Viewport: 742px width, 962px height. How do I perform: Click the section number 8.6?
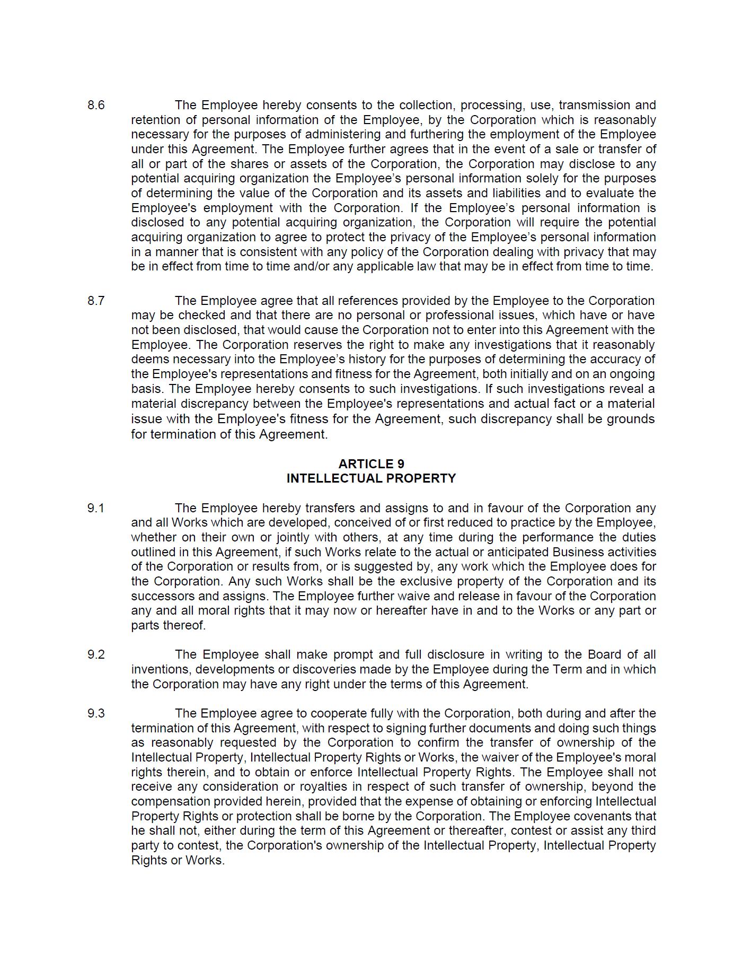(96, 105)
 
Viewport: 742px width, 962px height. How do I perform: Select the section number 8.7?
(96, 301)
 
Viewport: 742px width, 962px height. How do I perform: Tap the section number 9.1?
(96, 508)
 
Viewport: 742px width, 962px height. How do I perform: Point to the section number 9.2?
(96, 654)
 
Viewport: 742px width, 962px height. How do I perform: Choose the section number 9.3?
(96, 713)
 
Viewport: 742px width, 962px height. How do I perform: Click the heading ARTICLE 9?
(371, 464)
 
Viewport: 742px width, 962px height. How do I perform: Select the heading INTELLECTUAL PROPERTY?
(371, 478)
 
